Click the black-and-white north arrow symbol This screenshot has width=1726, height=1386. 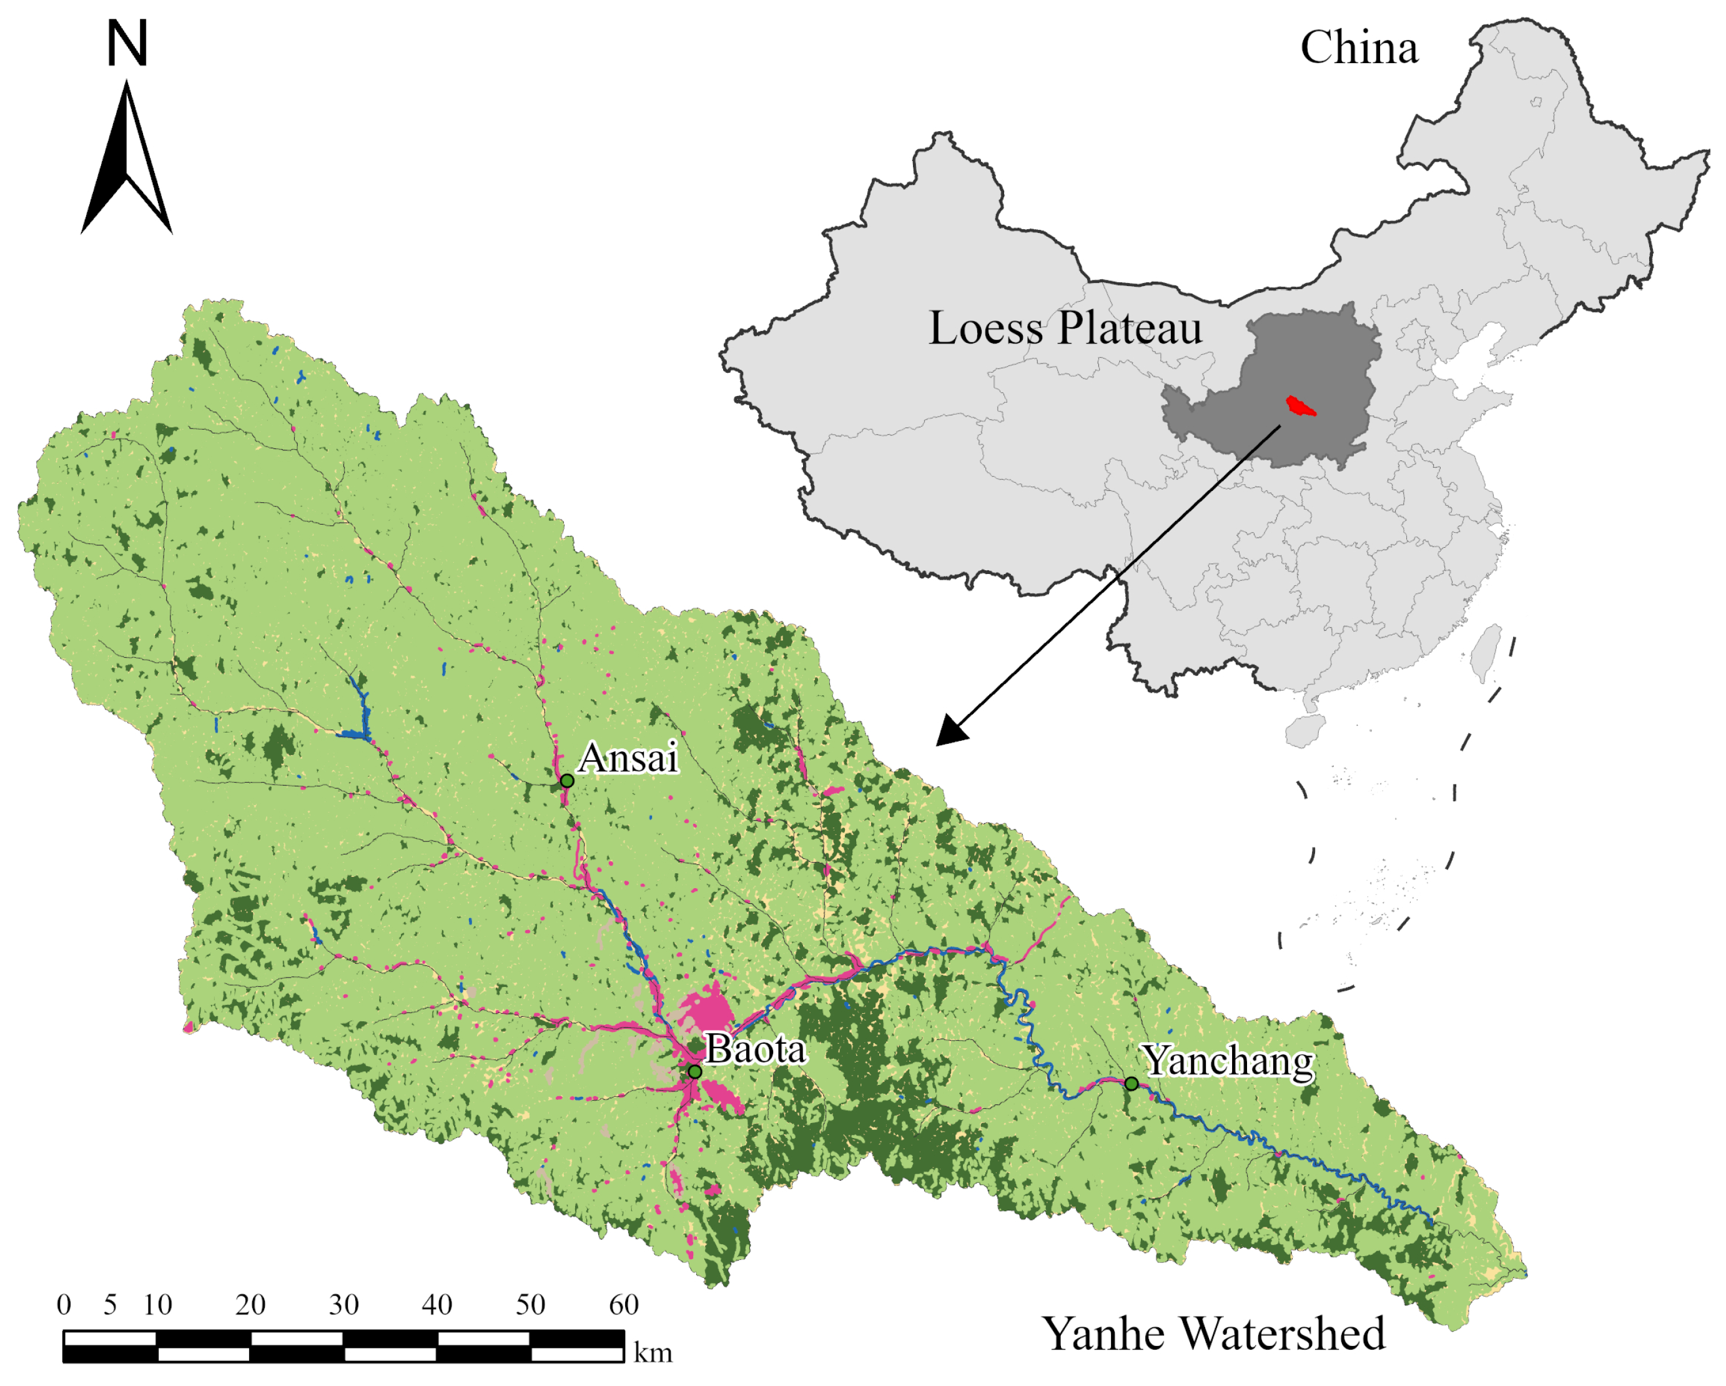(x=127, y=160)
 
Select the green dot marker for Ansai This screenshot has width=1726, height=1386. (x=567, y=780)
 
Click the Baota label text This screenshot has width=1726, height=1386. (x=755, y=1049)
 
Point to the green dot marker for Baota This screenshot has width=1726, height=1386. (x=695, y=1071)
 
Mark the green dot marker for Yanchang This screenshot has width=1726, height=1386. (x=1131, y=1083)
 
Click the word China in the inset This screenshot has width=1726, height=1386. (x=1359, y=48)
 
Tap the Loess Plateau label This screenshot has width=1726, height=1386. (x=1065, y=329)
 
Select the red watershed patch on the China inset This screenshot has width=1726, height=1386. (x=1300, y=406)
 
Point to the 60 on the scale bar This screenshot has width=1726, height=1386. (x=624, y=1305)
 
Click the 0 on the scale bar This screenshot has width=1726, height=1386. (x=64, y=1305)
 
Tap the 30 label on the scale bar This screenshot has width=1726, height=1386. (x=343, y=1305)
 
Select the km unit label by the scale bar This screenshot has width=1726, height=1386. (x=653, y=1353)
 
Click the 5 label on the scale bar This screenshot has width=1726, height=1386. (x=111, y=1305)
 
